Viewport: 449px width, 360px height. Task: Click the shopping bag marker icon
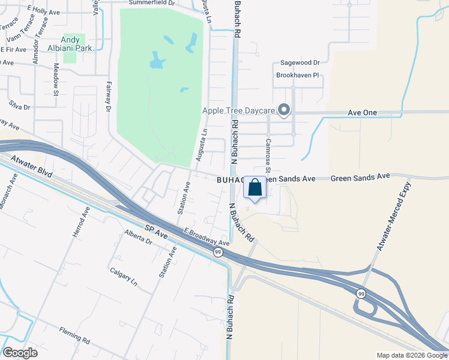[x=255, y=187]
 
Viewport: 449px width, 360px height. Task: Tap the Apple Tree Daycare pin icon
[x=285, y=110]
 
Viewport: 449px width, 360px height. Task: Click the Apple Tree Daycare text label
[x=238, y=110]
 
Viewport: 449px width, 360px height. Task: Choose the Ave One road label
[x=362, y=113]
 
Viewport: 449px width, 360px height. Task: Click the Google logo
[x=20, y=353]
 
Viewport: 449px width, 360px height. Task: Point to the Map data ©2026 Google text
[x=411, y=355]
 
